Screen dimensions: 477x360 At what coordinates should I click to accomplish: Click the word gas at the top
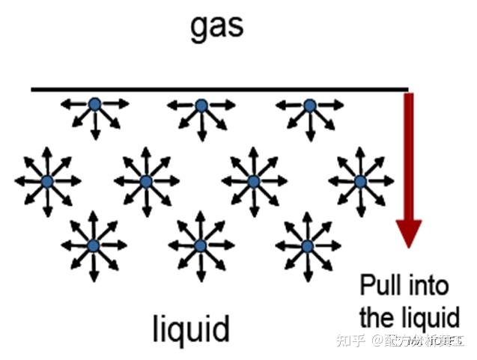pyautogui.click(x=217, y=27)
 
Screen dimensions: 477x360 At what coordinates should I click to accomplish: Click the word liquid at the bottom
pyautogui.click(x=190, y=328)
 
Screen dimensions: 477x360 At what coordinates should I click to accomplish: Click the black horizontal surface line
pyautogui.click(x=217, y=89)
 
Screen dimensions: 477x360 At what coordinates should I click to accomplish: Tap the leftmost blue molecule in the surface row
pyautogui.click(x=94, y=105)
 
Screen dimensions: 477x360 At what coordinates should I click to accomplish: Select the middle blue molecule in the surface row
pyautogui.click(x=201, y=106)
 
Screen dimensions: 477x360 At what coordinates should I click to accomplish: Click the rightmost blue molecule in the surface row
pyautogui.click(x=309, y=106)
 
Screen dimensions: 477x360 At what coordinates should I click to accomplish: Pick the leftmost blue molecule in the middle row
pyautogui.click(x=47, y=181)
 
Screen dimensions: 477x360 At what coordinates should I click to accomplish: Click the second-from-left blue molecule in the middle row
pyautogui.click(x=146, y=181)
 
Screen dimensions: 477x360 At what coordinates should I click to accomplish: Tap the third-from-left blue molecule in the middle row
pyautogui.click(x=253, y=181)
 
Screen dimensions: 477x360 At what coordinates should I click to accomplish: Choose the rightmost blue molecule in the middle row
pyautogui.click(x=360, y=181)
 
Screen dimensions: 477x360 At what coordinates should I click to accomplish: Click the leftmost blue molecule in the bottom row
pyautogui.click(x=94, y=245)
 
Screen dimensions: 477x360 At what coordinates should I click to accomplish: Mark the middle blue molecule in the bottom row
pyautogui.click(x=200, y=245)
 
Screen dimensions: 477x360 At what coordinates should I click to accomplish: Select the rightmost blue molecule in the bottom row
pyautogui.click(x=307, y=245)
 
